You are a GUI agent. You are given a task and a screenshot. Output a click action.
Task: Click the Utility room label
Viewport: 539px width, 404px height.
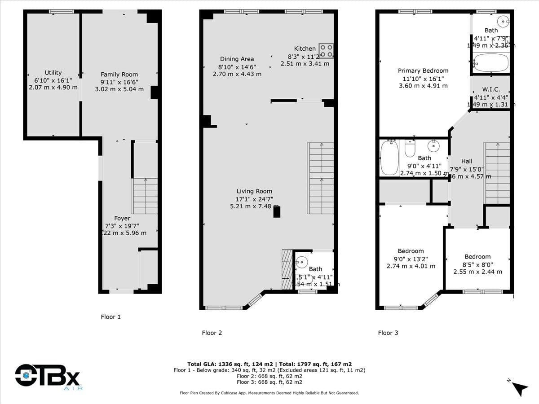(x=53, y=73)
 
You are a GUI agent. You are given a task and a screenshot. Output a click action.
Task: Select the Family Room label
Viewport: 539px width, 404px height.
(x=119, y=75)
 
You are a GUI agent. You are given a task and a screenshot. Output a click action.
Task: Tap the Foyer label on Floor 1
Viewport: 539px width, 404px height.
(x=122, y=219)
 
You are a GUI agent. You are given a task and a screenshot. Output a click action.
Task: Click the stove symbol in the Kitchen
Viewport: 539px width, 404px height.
(x=326, y=50)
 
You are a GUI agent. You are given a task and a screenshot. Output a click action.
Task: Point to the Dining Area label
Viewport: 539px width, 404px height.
(x=237, y=59)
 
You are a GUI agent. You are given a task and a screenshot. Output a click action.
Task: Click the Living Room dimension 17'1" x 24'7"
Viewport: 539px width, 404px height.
(x=254, y=199)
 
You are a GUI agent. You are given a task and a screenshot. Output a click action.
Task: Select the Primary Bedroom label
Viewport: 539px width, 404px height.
(x=423, y=70)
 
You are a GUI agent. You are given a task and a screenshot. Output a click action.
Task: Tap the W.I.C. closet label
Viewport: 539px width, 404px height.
(x=491, y=90)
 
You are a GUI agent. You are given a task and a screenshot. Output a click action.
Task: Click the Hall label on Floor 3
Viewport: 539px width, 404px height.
(x=467, y=162)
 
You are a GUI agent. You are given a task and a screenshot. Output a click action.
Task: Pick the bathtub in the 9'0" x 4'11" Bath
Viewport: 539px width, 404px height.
(x=389, y=157)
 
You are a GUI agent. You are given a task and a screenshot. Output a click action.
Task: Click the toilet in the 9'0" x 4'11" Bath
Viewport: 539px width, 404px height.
(x=410, y=148)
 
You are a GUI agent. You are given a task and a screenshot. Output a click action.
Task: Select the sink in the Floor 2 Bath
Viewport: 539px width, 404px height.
(x=302, y=261)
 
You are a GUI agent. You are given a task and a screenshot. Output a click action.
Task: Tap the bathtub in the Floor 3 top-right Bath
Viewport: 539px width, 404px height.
(x=490, y=63)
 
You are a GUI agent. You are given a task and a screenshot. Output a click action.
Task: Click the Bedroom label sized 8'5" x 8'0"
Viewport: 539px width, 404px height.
(x=477, y=257)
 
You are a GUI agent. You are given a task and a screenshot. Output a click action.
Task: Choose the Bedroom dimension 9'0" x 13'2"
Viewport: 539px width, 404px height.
(x=411, y=259)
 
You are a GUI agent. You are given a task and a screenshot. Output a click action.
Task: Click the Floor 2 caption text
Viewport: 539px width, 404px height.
(x=212, y=333)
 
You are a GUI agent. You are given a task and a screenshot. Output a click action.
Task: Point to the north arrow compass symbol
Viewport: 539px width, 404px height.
(x=520, y=387)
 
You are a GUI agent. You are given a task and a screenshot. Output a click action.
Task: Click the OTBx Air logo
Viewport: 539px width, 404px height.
(x=47, y=376)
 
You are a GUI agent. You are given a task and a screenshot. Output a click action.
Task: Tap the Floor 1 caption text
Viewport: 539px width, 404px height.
(x=110, y=317)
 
